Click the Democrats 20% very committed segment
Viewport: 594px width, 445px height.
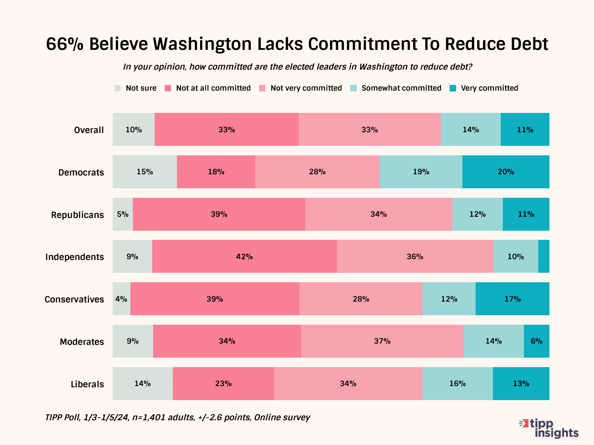506,172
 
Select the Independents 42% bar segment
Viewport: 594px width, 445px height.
244,256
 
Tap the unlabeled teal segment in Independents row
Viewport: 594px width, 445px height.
544,256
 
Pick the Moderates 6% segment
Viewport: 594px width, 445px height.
536,341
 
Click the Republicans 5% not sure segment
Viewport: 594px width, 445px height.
123,214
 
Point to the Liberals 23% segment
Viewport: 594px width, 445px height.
223,384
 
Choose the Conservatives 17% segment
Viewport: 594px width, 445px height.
512,299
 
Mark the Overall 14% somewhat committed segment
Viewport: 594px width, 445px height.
471,129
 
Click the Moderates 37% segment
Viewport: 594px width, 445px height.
382,341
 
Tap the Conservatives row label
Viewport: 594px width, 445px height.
74,299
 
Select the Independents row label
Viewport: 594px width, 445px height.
75,257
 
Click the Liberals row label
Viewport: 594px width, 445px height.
87,384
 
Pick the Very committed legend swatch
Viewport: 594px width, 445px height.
453,88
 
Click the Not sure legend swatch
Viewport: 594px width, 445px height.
118,88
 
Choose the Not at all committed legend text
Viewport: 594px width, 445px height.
213,88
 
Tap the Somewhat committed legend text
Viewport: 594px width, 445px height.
401,88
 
